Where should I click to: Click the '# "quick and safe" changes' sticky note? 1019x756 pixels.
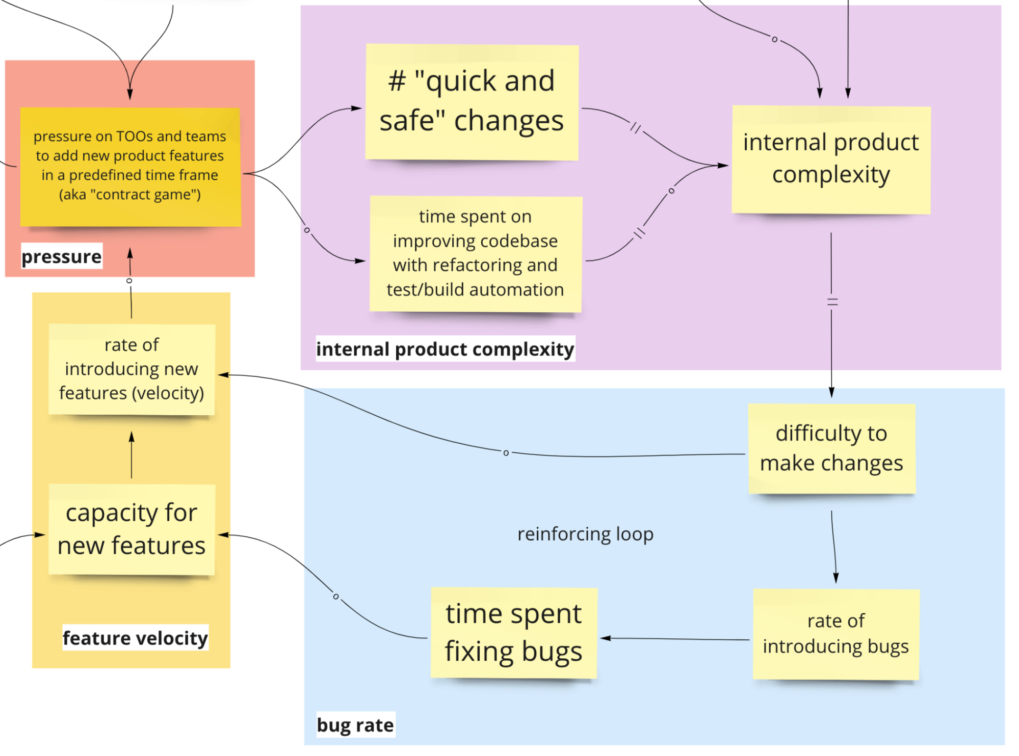[x=472, y=102]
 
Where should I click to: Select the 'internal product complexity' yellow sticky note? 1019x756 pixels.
[x=831, y=159]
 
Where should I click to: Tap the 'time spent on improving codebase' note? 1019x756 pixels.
[x=475, y=254]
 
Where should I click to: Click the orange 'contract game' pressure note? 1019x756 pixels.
[x=130, y=167]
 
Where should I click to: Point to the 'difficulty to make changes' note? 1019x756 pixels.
[x=831, y=448]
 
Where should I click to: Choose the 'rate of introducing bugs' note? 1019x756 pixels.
[x=835, y=634]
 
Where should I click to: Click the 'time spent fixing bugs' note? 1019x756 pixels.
[x=513, y=633]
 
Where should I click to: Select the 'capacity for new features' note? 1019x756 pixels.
[x=132, y=529]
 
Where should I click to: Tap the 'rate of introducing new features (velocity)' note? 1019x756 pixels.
[x=132, y=369]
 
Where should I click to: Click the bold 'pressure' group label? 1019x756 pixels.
[x=62, y=256]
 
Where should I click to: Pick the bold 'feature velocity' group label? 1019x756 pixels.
[x=135, y=638]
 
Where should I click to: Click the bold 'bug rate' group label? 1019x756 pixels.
[x=355, y=725]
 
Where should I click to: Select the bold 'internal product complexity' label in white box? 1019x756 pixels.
[x=445, y=349]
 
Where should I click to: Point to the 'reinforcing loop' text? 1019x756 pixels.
[x=585, y=534]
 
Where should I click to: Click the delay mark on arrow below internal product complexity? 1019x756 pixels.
[x=832, y=302]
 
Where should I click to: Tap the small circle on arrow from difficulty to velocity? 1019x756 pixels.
[x=506, y=453]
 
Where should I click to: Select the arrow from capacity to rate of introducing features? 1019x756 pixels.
[x=132, y=456]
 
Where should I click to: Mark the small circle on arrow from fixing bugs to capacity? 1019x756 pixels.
[x=335, y=597]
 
